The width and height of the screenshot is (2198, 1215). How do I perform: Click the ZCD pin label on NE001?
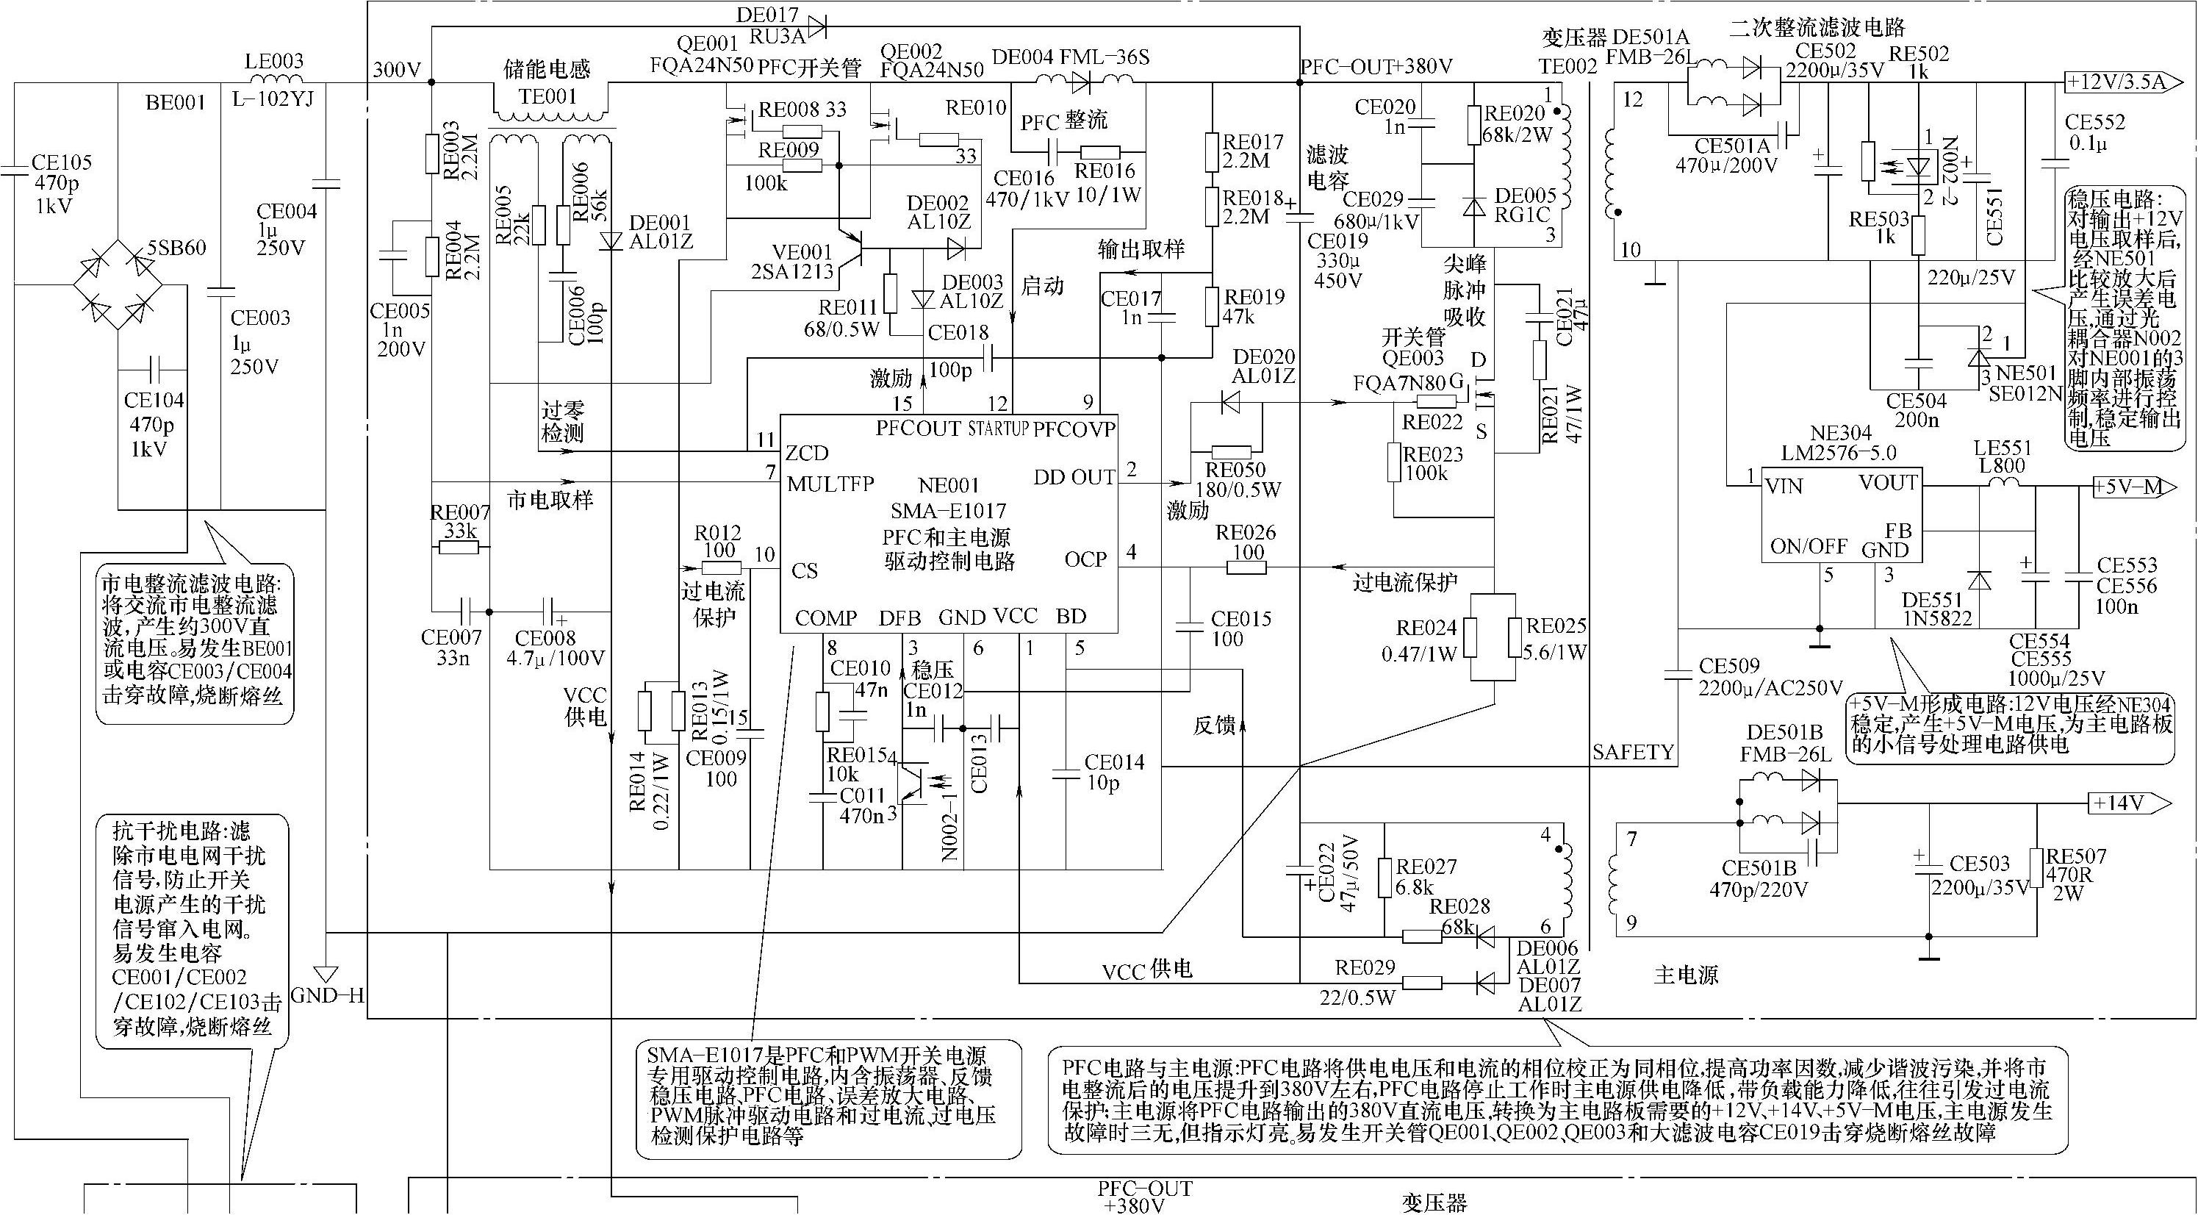[x=807, y=452]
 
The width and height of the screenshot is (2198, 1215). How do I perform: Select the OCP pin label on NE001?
[x=1085, y=559]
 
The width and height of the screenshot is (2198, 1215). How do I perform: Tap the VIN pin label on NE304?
[x=1784, y=487]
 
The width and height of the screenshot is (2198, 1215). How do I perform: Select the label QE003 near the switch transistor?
[x=1413, y=359]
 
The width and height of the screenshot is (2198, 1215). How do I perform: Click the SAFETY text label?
[x=1632, y=753]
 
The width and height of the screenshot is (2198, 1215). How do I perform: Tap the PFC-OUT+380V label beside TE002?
[x=1376, y=67]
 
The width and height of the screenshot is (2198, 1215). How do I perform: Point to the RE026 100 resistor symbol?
[x=1249, y=567]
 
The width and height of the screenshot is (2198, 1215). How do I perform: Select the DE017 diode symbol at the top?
[x=816, y=26]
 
